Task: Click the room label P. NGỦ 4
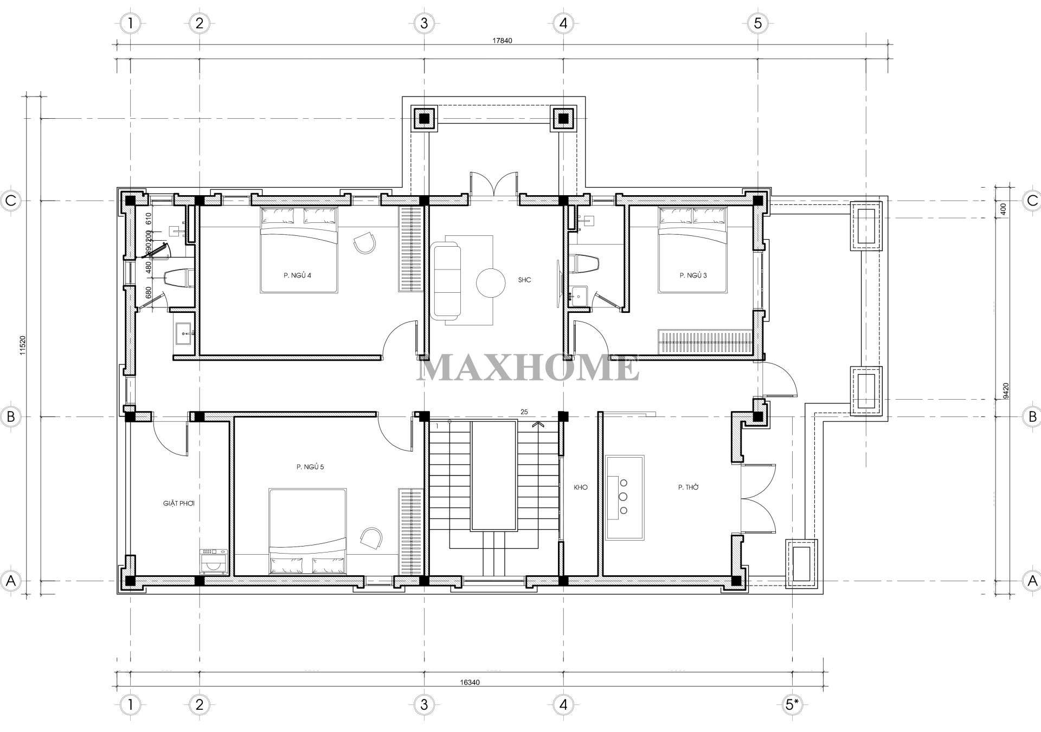[x=297, y=275]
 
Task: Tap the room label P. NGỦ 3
[x=693, y=275]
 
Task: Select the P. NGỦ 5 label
[x=310, y=467]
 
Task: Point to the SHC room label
[x=524, y=280]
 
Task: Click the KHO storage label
[x=581, y=487]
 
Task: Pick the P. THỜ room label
[x=688, y=487]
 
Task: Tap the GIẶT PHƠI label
[x=179, y=503]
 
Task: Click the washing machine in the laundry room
[x=214, y=562]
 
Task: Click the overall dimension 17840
[x=502, y=40]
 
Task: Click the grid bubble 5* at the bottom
[x=792, y=704]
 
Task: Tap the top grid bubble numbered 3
[x=424, y=23]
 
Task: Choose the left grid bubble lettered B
[x=10, y=416]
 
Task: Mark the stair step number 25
[x=524, y=412]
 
